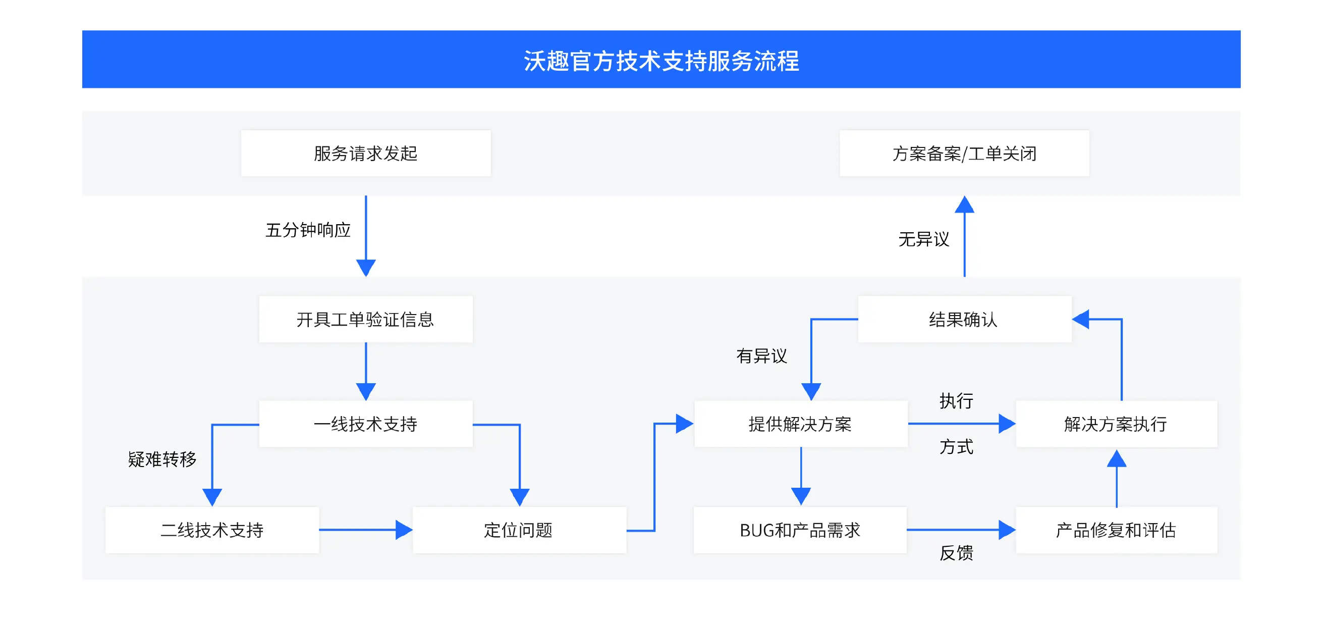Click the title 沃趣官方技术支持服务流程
661,61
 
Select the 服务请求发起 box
366,153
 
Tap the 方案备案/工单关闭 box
964,153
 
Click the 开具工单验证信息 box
366,319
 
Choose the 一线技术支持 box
366,424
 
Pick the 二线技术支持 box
212,530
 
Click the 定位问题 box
519,530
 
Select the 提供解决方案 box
800,424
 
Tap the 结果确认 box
964,319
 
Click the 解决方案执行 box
1116,424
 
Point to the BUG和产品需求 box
800,530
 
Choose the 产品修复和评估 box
1116,530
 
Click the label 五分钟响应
308,230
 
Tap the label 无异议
923,239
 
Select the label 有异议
761,355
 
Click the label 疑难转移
162,459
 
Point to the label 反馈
956,553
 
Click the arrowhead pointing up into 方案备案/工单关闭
964,205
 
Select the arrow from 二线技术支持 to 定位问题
365,530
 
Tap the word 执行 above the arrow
956,401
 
